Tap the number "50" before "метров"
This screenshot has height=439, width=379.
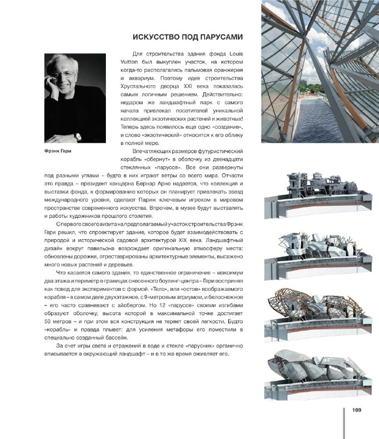click(x=48, y=320)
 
